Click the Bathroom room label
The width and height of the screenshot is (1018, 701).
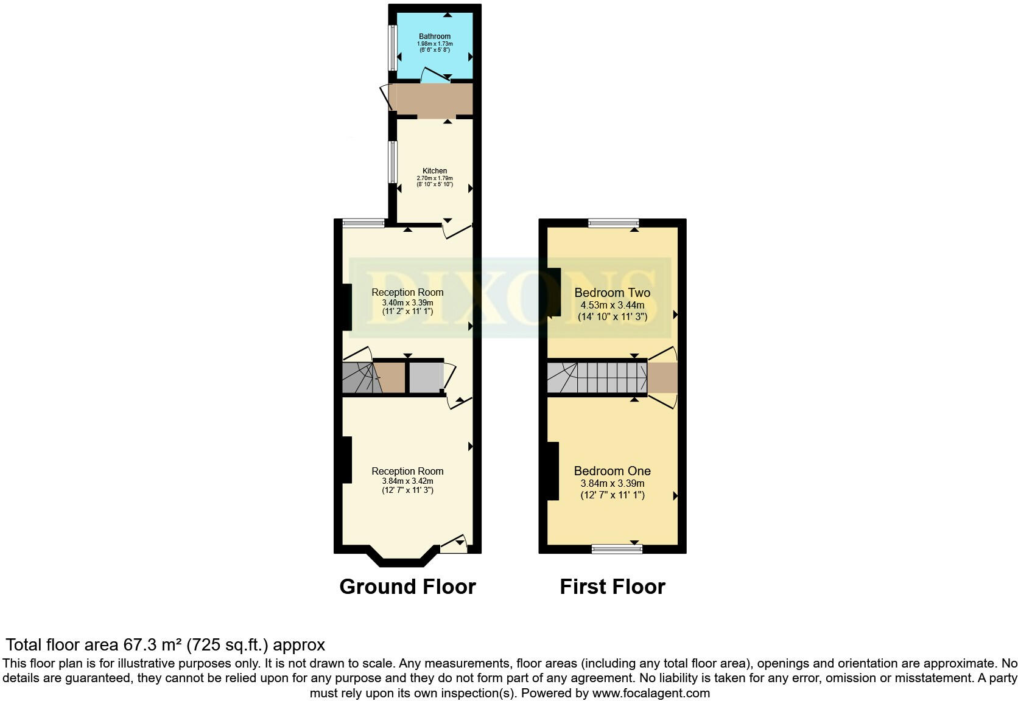pos(435,37)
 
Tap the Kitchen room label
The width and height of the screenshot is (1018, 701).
pos(435,171)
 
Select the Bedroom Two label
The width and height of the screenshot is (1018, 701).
pos(613,293)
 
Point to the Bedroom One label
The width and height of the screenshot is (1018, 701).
pos(613,471)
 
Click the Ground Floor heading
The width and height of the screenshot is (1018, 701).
pos(407,587)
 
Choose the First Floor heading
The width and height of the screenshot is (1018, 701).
pos(613,587)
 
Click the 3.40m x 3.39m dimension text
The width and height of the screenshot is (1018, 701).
pos(407,302)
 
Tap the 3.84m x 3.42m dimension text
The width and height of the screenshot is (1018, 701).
pos(407,481)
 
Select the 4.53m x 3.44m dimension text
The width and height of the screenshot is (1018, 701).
pos(613,305)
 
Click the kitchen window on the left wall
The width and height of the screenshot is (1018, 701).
pos(393,161)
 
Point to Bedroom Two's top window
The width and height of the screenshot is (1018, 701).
pos(614,223)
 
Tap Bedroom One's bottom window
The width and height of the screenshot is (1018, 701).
pos(617,549)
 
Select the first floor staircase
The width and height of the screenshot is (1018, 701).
pos(597,377)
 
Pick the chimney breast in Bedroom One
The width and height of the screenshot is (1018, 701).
pos(553,471)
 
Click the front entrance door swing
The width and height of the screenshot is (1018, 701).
pos(454,543)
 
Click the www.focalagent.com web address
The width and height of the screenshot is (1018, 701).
pos(651,692)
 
